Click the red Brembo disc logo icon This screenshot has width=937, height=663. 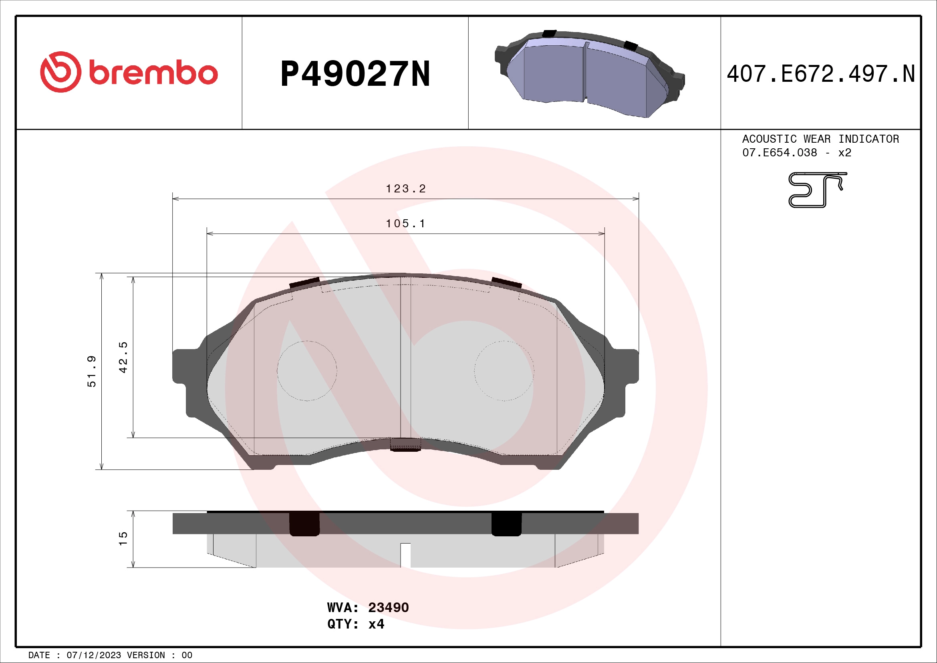[60, 72]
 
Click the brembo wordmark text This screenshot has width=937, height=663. [153, 73]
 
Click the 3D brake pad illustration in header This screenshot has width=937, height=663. [590, 73]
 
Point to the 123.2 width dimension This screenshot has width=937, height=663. [406, 189]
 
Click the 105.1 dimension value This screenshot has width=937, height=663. [406, 224]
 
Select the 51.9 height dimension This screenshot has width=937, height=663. [92, 371]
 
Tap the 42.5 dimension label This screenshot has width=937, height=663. [123, 357]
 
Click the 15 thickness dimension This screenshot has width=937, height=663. [123, 538]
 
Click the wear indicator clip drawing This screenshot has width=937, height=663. [816, 190]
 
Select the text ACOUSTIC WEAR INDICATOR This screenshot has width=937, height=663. [820, 139]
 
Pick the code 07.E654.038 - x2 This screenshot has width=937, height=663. [797, 153]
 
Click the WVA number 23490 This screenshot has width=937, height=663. [388, 607]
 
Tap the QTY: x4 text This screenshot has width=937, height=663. [355, 624]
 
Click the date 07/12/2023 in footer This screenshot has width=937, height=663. [93, 655]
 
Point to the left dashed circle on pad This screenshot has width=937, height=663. [307, 371]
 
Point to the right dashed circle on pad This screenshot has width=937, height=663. [504, 371]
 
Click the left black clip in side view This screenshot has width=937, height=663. [304, 524]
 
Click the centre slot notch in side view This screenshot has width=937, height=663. [405, 555]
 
